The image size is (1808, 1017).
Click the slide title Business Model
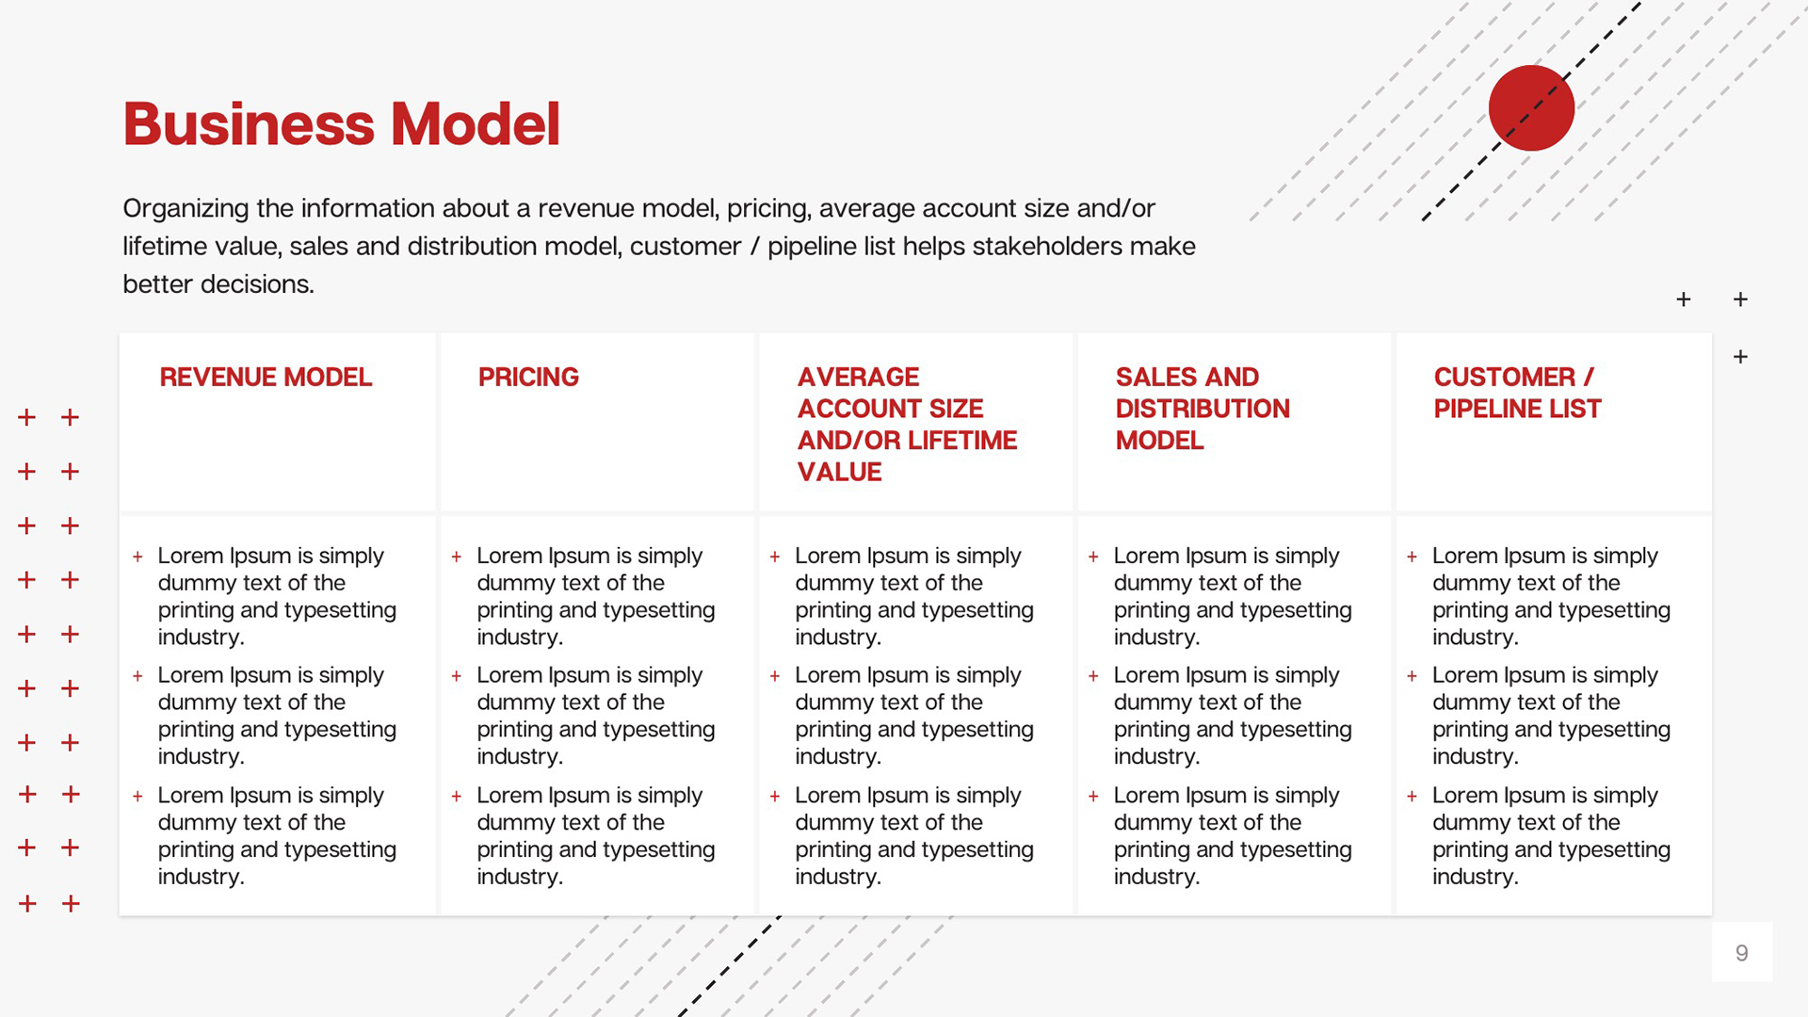pyautogui.click(x=342, y=124)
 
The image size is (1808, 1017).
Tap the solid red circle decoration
pyautogui.click(x=1531, y=107)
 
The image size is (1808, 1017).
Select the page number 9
pyautogui.click(x=1742, y=953)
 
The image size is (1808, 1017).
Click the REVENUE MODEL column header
pyautogui.click(x=266, y=377)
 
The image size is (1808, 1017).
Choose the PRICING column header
pyautogui.click(x=528, y=377)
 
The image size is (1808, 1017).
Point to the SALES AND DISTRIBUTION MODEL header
pyautogui.click(x=1203, y=409)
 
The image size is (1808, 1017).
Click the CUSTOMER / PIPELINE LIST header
pyautogui.click(x=1517, y=393)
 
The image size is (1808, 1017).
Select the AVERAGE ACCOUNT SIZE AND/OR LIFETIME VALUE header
pyautogui.click(x=907, y=425)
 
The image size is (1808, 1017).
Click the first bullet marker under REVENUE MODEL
pyautogui.click(x=137, y=557)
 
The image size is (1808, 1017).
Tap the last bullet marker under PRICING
pyautogui.click(x=457, y=797)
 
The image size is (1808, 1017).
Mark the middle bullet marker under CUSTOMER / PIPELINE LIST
pyautogui.click(x=1412, y=676)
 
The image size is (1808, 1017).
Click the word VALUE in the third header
pyautogui.click(x=840, y=472)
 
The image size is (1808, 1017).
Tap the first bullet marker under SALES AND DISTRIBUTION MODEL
pyautogui.click(x=1093, y=557)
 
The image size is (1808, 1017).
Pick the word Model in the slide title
pyautogui.click(x=476, y=124)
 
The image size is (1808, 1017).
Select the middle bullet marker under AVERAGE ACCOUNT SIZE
pyautogui.click(x=775, y=676)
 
